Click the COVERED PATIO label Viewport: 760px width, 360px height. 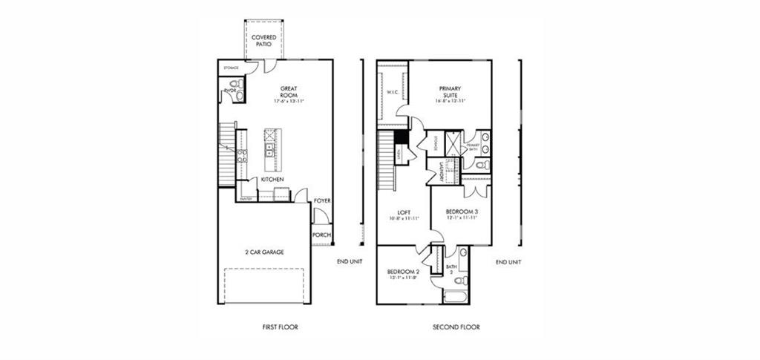[264, 40]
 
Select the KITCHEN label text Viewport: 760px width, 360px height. [271, 179]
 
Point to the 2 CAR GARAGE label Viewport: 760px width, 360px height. [264, 252]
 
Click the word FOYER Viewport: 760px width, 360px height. [322, 200]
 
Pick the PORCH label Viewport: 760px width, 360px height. [321, 235]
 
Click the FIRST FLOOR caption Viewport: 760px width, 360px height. [281, 327]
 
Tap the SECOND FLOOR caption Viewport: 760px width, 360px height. [456, 327]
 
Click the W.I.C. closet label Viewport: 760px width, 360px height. [393, 93]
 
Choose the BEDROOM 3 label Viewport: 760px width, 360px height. [462, 212]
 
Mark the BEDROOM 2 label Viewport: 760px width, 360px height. [404, 272]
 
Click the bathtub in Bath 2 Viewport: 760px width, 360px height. [454, 298]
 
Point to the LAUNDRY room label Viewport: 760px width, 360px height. [441, 171]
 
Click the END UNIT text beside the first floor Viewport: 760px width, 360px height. [349, 262]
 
